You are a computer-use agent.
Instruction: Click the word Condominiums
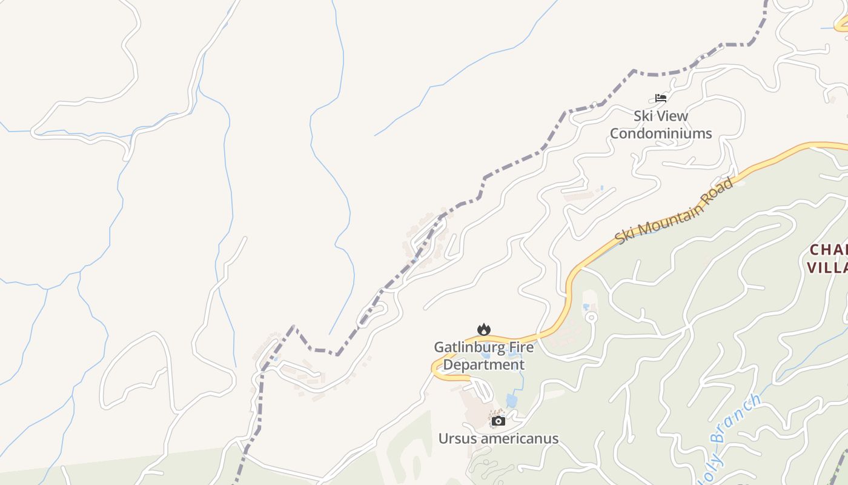661,133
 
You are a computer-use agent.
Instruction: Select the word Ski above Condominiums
644,116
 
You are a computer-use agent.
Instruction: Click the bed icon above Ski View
661,98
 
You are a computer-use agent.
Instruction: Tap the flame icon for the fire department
483,329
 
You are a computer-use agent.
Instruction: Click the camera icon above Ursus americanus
499,421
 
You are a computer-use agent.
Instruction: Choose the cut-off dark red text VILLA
827,267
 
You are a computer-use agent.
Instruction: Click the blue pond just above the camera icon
512,401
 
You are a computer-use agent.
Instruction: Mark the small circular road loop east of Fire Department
591,317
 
